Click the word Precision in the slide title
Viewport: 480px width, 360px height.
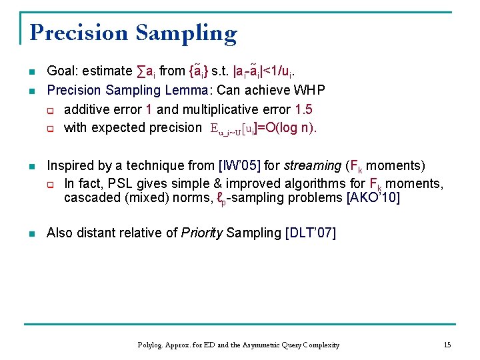click(79, 33)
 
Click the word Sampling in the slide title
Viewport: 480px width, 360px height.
click(187, 34)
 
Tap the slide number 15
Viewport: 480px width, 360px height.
click(447, 345)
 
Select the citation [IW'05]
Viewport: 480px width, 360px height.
click(239, 165)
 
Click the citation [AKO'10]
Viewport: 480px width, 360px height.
click(373, 197)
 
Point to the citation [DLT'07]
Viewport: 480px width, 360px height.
click(311, 233)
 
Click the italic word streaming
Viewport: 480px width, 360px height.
click(313, 166)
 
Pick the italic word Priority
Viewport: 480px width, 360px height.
click(202, 233)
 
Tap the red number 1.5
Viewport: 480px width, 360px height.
click(304, 109)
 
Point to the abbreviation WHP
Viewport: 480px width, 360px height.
click(309, 90)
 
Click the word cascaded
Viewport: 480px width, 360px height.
click(93, 197)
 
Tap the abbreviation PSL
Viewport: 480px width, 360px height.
click(120, 184)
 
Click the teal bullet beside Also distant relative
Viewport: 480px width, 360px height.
click(32, 234)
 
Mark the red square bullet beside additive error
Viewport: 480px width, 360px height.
click(51, 111)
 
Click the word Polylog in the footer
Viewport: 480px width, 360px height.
click(150, 345)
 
